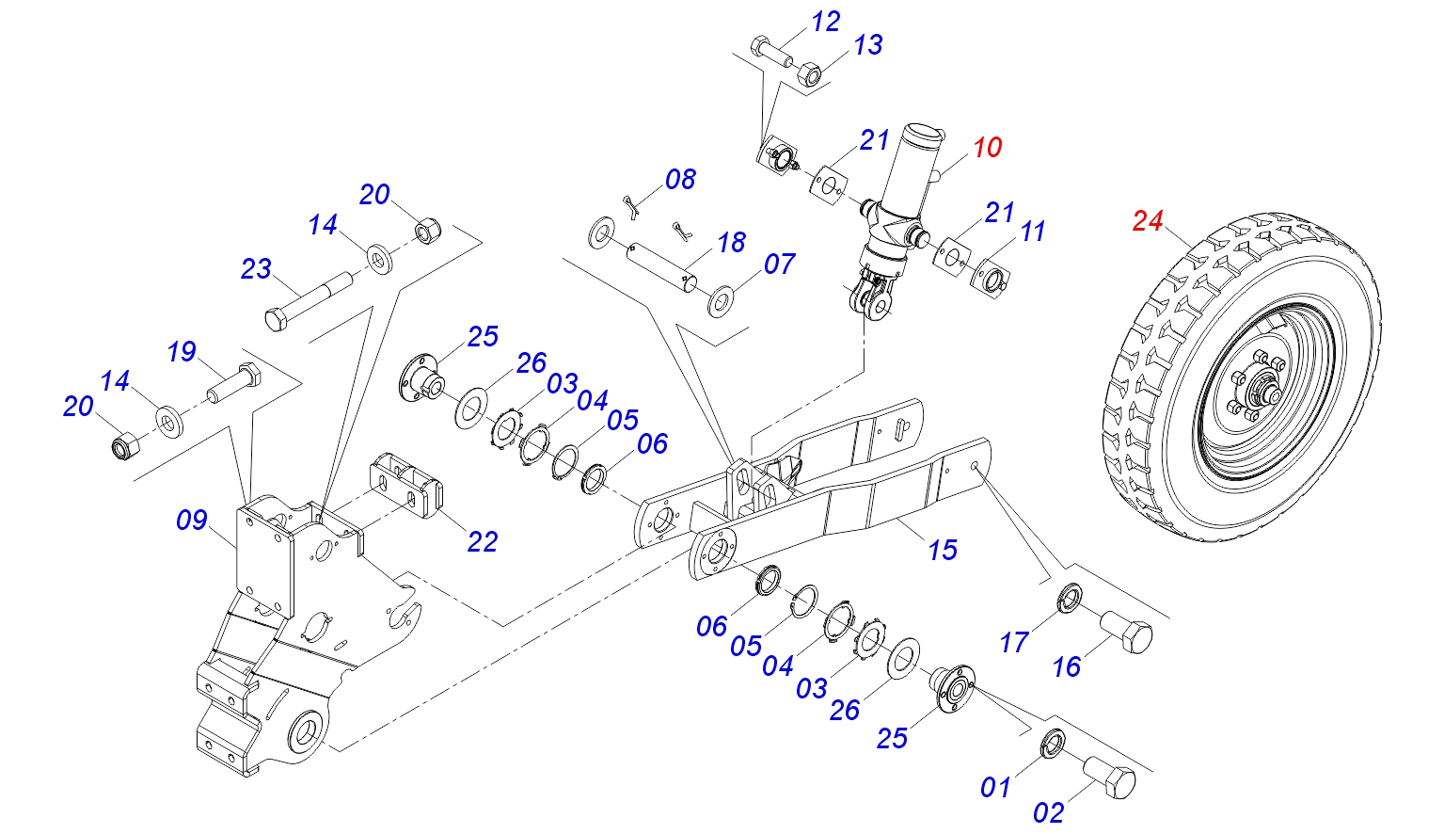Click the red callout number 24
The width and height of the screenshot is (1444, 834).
coord(1148,221)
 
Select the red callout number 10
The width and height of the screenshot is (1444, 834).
coord(987,147)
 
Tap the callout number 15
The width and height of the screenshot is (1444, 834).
coord(942,550)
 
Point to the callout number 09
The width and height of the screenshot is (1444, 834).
coord(192,520)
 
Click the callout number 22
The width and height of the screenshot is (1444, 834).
coord(482,541)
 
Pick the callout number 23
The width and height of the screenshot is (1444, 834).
coord(256,269)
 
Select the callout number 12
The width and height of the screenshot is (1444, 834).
coord(825,22)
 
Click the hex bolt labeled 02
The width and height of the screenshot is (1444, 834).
coord(1110,778)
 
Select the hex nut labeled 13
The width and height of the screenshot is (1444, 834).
coord(808,72)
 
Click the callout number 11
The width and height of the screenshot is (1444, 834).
coord(1032,231)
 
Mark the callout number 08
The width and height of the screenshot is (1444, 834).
coord(680,179)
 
